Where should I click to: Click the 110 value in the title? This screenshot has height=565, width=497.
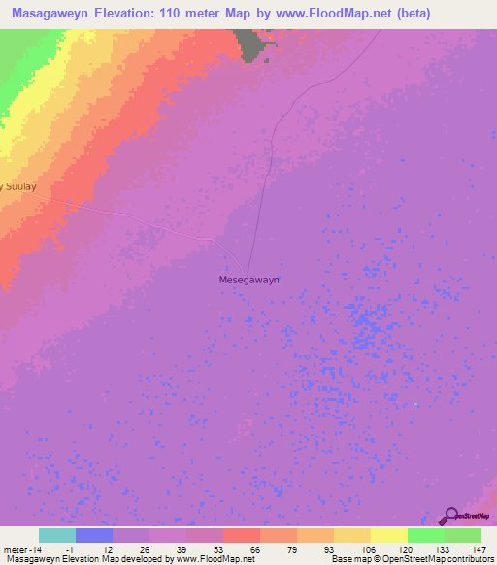tap(193, 14)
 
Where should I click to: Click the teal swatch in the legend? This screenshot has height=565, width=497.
tap(56, 535)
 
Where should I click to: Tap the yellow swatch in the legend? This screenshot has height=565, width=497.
tap(388, 535)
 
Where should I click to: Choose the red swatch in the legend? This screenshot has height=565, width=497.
tap(241, 535)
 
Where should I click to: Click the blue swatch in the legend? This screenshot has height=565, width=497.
tap(93, 535)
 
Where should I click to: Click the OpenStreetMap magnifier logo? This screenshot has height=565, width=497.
tap(451, 515)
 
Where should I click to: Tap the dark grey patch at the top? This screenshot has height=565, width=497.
tap(254, 45)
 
